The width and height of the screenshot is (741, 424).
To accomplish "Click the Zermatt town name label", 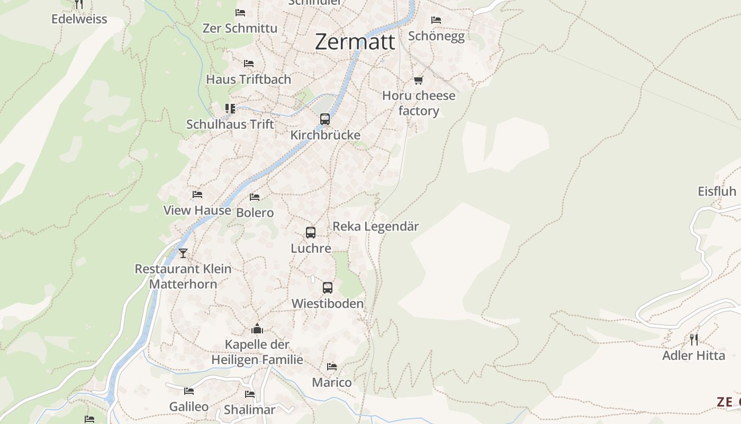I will (x=355, y=41).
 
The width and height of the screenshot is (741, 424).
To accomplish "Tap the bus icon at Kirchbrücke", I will (x=325, y=119).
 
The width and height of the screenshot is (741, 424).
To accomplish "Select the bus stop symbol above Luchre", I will (x=311, y=233).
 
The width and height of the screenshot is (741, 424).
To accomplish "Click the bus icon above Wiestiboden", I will (x=328, y=288).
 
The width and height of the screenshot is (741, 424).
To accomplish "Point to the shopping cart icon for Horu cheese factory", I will (x=419, y=81).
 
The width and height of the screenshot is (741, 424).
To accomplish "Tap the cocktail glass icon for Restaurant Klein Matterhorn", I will (x=183, y=253).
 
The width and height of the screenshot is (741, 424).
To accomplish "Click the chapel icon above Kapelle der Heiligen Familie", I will (x=257, y=329).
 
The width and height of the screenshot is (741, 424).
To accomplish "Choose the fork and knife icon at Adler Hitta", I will (x=693, y=340).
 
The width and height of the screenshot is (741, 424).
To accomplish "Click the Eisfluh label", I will (x=717, y=191).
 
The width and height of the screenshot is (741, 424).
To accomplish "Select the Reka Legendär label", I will (x=375, y=226).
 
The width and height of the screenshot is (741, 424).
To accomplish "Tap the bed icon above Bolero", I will (x=255, y=197).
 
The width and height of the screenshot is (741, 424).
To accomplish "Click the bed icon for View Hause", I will (x=197, y=195).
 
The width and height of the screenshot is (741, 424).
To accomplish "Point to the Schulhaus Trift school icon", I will (x=230, y=109).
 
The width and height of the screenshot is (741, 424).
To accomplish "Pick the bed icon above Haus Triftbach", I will (x=249, y=64).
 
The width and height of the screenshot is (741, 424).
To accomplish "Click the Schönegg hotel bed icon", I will (x=436, y=20).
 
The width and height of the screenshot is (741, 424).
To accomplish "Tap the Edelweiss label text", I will (x=79, y=19).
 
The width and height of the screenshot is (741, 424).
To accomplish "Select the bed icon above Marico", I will (x=332, y=367).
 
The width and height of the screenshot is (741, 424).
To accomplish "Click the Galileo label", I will (x=188, y=407).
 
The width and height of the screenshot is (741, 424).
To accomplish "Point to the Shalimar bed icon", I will (x=250, y=394).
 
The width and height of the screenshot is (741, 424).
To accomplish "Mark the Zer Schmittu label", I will (x=240, y=28).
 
